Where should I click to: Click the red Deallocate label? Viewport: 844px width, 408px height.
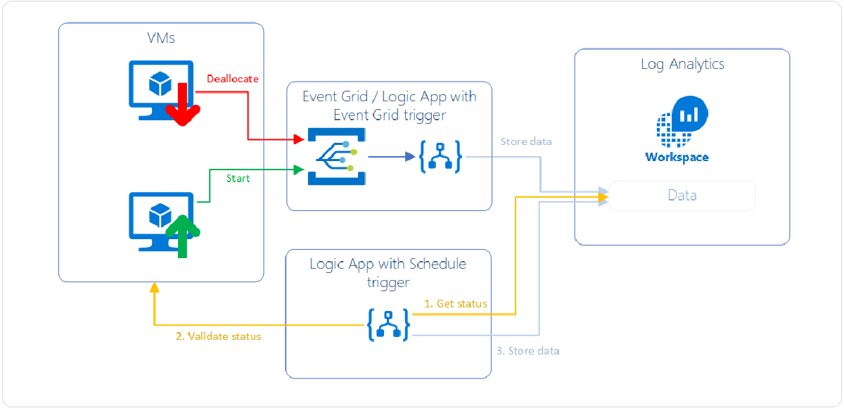pyautogui.click(x=232, y=79)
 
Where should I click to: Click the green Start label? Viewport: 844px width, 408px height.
pyautogui.click(x=238, y=179)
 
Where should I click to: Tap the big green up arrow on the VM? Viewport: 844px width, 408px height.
pyautogui.click(x=183, y=234)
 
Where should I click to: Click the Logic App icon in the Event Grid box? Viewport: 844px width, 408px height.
pyautogui.click(x=440, y=157)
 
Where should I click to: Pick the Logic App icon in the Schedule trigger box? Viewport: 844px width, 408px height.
pyautogui.click(x=388, y=324)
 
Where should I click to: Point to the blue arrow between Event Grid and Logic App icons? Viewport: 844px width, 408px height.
pyautogui.click(x=390, y=156)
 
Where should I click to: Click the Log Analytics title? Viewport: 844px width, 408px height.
pyautogui.click(x=682, y=64)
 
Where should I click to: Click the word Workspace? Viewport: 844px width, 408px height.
pyautogui.click(x=677, y=157)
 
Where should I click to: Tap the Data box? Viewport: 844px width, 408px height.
pyautogui.click(x=682, y=196)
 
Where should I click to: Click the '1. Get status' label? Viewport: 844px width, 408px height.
pyautogui.click(x=456, y=304)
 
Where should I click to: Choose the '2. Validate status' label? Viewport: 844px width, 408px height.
pyautogui.click(x=218, y=336)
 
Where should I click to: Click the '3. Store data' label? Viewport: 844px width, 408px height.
pyautogui.click(x=527, y=350)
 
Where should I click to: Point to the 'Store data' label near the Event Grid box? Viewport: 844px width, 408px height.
pyautogui.click(x=526, y=141)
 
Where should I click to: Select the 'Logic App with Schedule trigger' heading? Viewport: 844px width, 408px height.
pyautogui.click(x=388, y=273)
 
